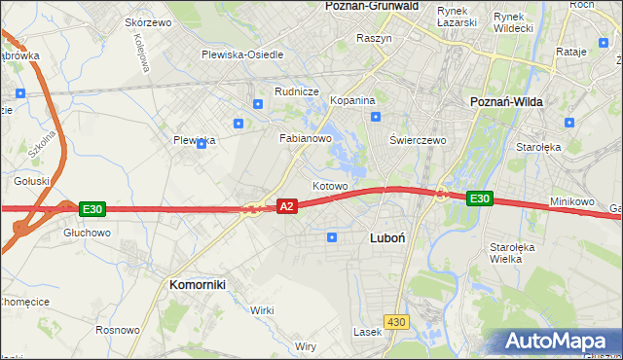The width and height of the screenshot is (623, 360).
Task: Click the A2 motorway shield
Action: (x=286, y=206)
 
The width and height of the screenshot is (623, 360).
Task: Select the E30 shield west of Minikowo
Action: (x=478, y=198)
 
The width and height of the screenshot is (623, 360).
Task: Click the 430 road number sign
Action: (x=395, y=322)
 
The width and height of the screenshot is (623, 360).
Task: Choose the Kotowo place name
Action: (x=330, y=185)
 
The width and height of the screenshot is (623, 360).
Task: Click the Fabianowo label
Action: (x=307, y=138)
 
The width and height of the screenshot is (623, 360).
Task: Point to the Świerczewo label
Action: (x=418, y=139)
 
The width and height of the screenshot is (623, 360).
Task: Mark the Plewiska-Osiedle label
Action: (x=242, y=54)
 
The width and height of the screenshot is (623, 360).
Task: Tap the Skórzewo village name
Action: (x=148, y=21)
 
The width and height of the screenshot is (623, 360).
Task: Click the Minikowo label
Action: (x=571, y=201)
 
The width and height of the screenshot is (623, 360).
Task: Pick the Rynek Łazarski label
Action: (x=457, y=17)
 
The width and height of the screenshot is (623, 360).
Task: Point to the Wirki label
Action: (x=262, y=309)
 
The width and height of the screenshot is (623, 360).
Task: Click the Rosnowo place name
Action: (x=117, y=330)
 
